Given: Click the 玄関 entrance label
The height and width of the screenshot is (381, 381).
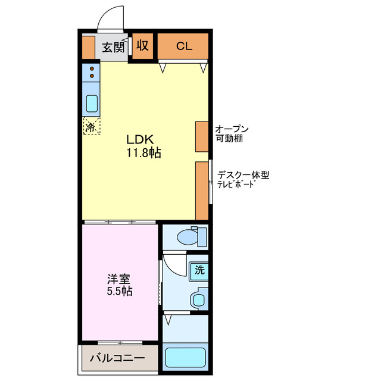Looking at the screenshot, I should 112,48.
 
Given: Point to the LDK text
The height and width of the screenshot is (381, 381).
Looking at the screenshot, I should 140,139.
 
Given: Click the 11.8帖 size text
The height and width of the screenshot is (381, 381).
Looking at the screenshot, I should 143,153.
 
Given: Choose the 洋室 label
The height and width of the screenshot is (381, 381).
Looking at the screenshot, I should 119,278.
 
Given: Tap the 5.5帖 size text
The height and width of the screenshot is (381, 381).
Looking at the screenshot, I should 120,292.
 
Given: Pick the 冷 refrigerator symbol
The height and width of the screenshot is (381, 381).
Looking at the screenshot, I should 91,126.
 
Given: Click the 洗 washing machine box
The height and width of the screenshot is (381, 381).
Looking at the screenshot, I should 199,270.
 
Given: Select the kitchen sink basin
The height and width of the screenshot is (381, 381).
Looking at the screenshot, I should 92,104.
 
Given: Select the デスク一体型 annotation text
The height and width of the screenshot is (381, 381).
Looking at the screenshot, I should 243,175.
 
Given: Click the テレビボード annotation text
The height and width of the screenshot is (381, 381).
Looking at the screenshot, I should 236,185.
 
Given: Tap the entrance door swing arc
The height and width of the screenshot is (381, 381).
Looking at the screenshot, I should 110,18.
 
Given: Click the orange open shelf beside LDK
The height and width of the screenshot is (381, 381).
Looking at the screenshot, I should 202,137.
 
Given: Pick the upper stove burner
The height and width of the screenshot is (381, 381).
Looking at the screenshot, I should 92,68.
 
